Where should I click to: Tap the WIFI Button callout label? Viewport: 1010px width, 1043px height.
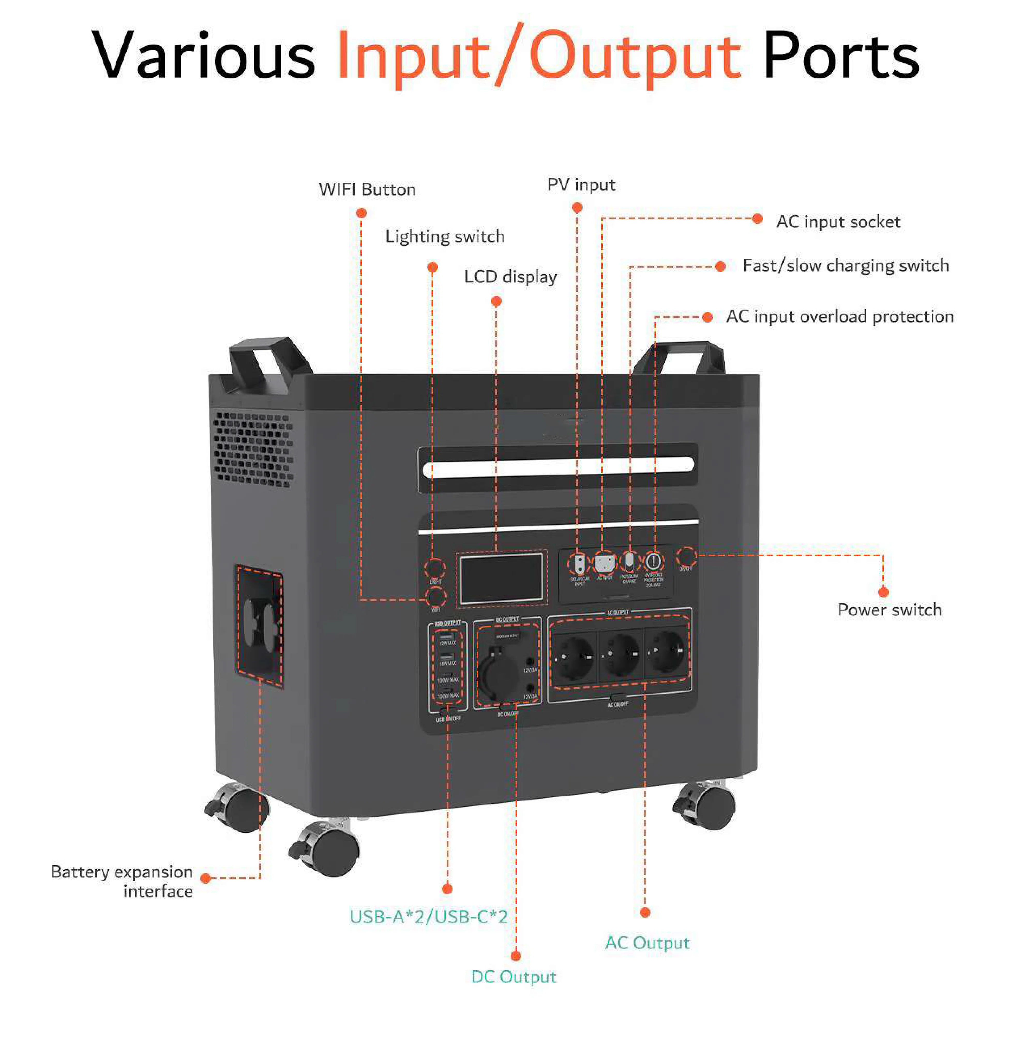(367, 189)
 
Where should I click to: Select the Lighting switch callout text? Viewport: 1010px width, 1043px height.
(445, 236)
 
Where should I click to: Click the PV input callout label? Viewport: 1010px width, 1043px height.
(581, 185)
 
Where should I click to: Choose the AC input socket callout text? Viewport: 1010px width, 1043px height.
(838, 222)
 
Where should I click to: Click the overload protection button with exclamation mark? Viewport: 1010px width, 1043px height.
(653, 561)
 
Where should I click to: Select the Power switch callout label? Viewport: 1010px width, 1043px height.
(889, 610)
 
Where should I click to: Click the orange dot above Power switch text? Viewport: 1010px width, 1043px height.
(883, 592)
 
